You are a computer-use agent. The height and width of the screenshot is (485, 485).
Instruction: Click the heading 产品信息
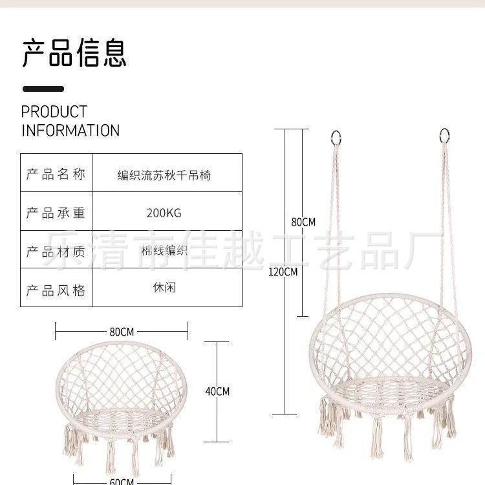(74, 52)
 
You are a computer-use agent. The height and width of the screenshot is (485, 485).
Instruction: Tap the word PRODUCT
(54, 112)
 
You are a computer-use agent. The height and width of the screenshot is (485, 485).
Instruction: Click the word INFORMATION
(70, 130)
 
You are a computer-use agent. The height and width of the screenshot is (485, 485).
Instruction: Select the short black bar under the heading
(43, 89)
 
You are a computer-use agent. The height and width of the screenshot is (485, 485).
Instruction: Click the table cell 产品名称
(56, 175)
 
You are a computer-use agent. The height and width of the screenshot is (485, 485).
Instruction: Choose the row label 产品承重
(56, 212)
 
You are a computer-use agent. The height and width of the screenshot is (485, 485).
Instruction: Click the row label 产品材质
(56, 251)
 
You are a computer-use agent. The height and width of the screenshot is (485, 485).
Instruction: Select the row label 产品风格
(56, 289)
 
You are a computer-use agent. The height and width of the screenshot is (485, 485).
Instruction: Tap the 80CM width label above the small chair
(122, 332)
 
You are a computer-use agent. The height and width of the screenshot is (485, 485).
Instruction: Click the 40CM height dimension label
(217, 391)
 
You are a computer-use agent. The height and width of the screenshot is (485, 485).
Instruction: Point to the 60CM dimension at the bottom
(122, 481)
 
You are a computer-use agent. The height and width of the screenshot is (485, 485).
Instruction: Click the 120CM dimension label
(283, 272)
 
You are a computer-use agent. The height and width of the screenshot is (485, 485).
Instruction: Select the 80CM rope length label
(303, 222)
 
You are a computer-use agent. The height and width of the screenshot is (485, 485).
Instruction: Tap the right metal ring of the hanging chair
(445, 135)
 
